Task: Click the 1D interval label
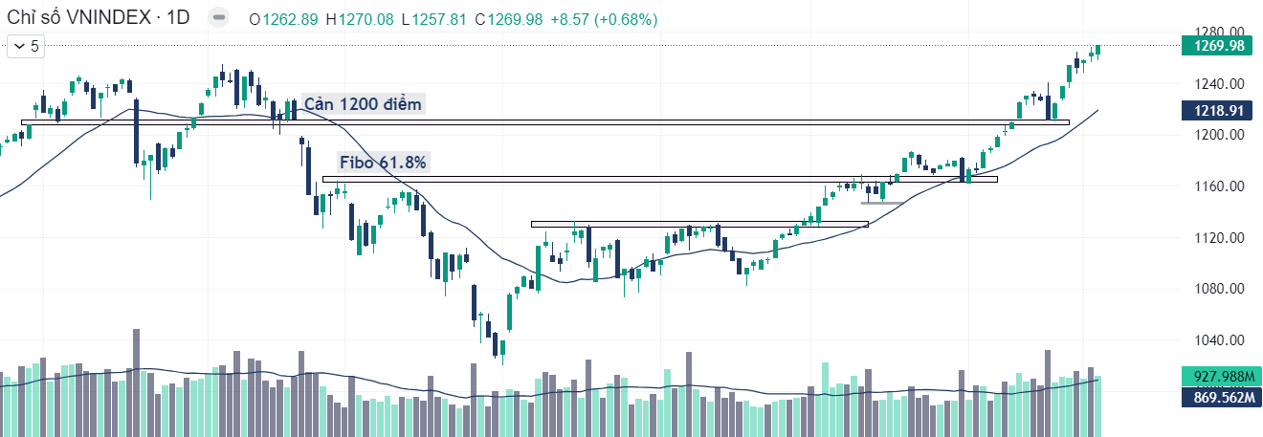[x=178, y=19]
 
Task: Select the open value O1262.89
[x=283, y=19]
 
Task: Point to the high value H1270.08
[x=360, y=19]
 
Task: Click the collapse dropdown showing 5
[x=26, y=45]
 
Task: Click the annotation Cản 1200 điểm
[x=362, y=103]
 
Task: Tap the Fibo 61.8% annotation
[x=383, y=163]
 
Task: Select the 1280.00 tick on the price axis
[x=1215, y=32]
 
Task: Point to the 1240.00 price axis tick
[x=1215, y=83]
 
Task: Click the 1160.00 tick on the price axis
[x=1215, y=186]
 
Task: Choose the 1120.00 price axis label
[x=1215, y=238]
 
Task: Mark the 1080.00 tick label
[x=1215, y=290]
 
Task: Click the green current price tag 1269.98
[x=1219, y=46]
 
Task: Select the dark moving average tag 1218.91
[x=1219, y=111]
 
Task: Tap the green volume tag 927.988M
[x=1219, y=377]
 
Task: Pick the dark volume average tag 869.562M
[x=1219, y=396]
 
